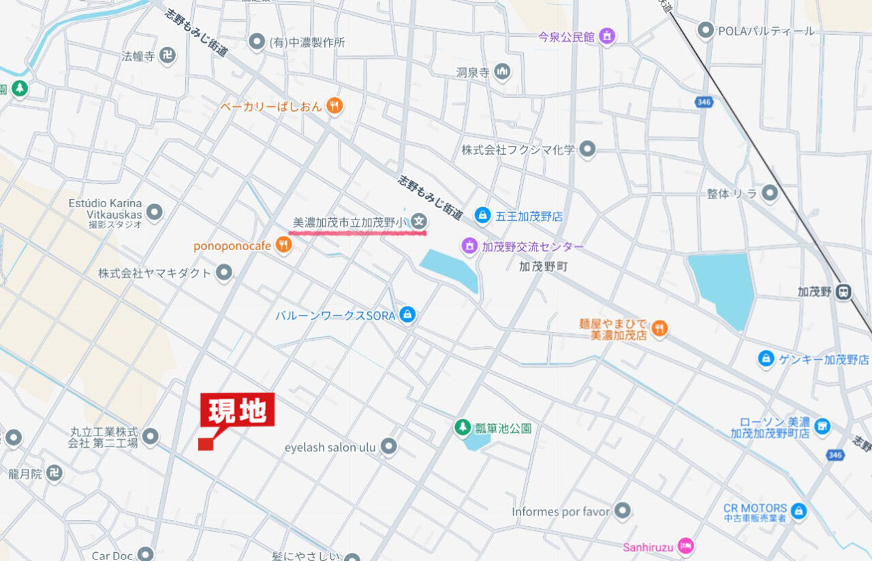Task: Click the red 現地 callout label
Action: [x=237, y=410]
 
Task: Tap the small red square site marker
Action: [x=206, y=444]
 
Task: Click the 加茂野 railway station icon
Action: [x=844, y=291]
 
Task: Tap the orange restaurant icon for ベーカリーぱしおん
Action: [x=334, y=106]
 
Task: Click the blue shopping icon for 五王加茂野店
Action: [x=482, y=215]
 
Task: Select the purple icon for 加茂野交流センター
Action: [x=469, y=245]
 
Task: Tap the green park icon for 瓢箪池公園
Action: [x=463, y=427]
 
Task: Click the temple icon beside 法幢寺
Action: [x=168, y=56]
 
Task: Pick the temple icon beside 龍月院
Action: [x=54, y=473]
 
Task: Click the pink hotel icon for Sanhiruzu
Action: [x=687, y=546]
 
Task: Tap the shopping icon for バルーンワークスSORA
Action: [x=407, y=315]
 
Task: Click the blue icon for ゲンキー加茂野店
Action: [x=766, y=359]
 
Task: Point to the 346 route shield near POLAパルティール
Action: [x=704, y=102]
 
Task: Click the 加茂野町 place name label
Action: [x=543, y=267]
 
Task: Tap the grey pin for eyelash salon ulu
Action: [x=388, y=446]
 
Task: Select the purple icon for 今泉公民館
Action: [x=607, y=36]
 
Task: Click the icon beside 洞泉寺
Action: [x=502, y=72]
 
